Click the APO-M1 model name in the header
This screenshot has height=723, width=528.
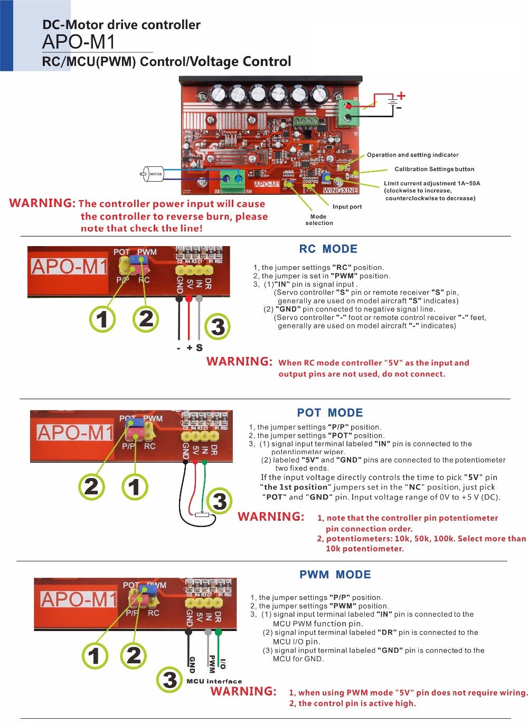point(78,42)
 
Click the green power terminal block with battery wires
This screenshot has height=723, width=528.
point(347,110)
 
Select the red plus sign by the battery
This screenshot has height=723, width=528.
point(401,96)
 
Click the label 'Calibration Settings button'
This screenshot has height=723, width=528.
point(435,169)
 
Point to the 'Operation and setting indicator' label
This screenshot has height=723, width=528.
point(412,155)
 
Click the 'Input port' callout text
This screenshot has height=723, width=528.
point(347,206)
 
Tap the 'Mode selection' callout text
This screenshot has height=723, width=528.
point(319,220)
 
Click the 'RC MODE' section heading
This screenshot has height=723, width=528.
point(328,249)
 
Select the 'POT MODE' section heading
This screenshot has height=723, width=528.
point(329,412)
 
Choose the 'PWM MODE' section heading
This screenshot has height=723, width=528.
point(335,574)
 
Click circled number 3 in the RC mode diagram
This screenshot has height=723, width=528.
point(218,327)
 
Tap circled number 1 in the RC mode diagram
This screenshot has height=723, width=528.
point(102,319)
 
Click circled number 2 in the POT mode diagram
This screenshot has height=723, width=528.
point(91,486)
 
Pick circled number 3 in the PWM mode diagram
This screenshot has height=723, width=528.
point(169,679)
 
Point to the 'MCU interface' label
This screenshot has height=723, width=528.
point(214,681)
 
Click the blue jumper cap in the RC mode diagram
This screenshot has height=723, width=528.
point(143,259)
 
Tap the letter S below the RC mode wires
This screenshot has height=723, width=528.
point(199,348)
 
